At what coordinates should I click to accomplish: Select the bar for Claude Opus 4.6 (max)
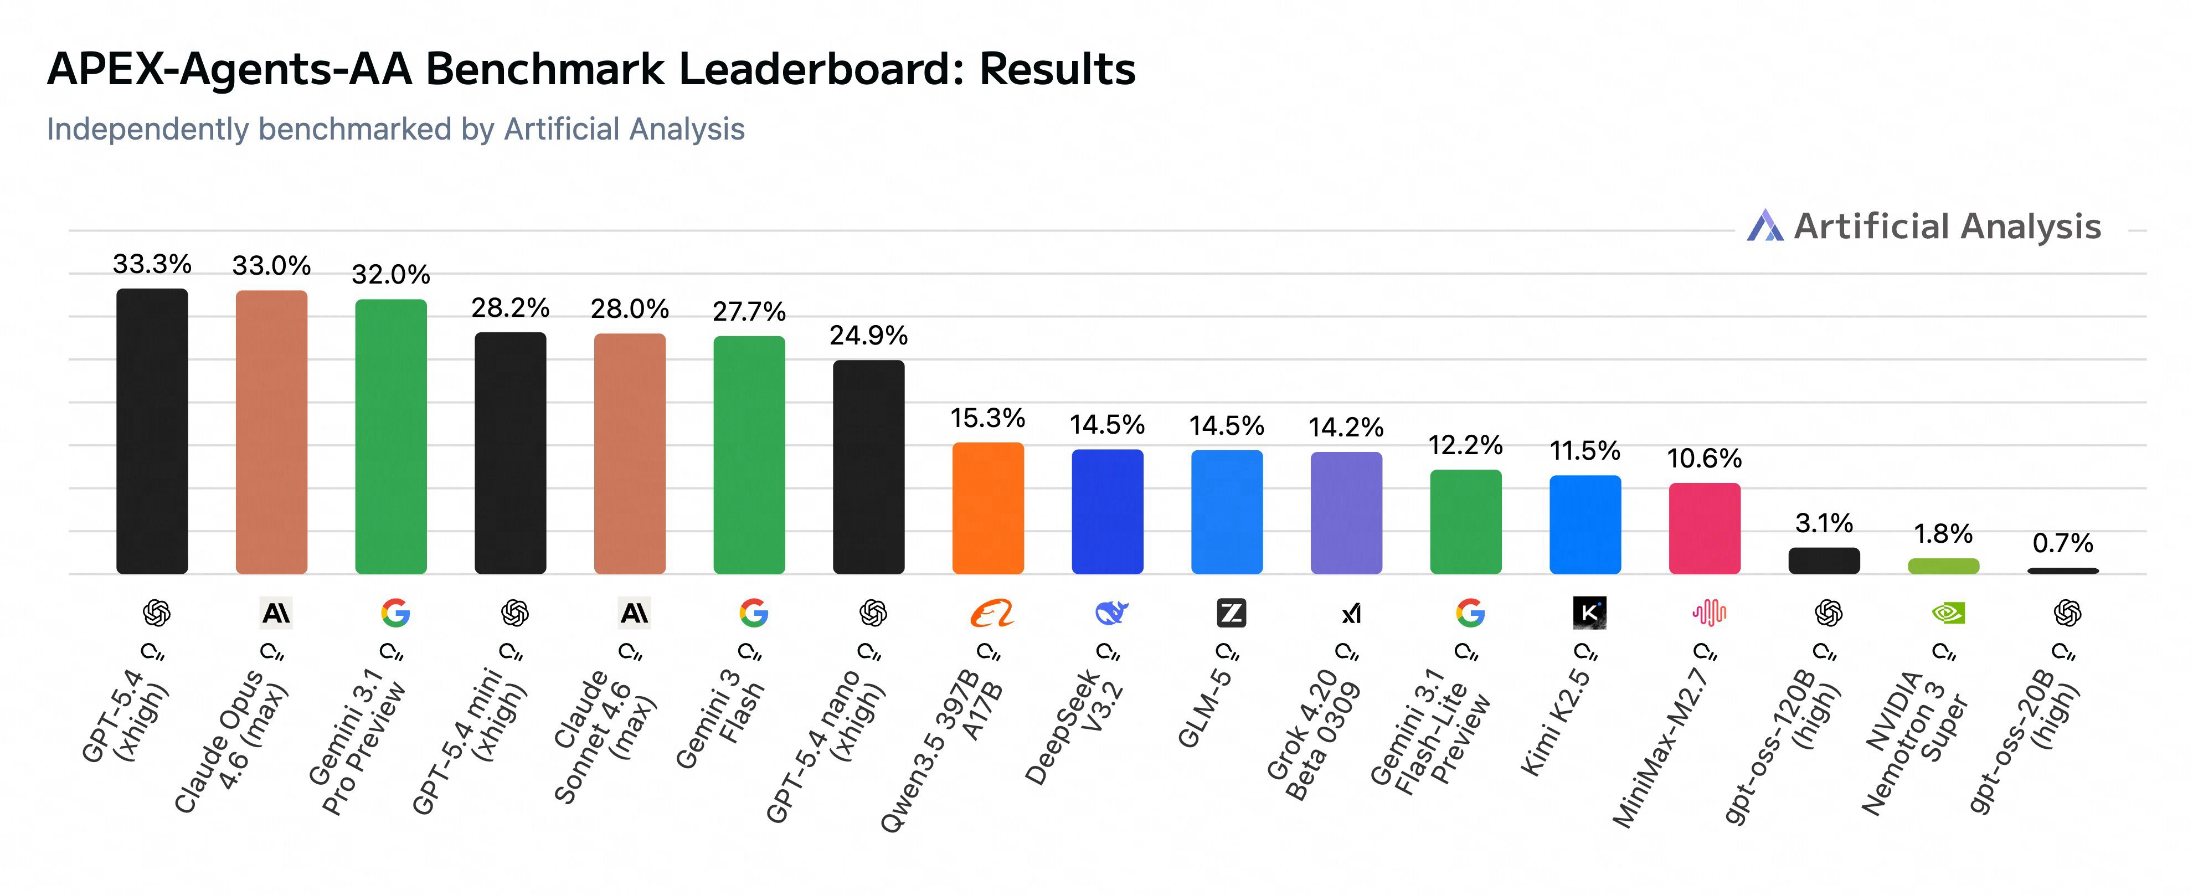point(271,432)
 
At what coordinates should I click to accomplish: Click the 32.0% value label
point(391,274)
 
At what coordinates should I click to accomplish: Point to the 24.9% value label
point(868,336)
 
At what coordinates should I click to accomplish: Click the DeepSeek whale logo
point(1111,613)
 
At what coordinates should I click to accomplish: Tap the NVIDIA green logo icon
point(1947,613)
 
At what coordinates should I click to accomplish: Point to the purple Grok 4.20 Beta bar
point(1346,513)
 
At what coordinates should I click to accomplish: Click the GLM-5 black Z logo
point(1231,613)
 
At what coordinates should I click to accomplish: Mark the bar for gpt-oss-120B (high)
point(1824,560)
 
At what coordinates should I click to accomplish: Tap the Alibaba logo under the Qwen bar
point(992,613)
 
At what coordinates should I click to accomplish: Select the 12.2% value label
point(1465,445)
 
